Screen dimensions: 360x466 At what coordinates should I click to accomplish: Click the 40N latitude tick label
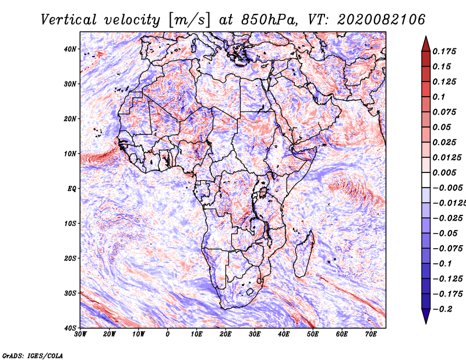tap(70, 49)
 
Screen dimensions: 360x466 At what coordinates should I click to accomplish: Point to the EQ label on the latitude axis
tap(71, 189)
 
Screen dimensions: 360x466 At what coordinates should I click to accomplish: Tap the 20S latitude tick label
tap(70, 258)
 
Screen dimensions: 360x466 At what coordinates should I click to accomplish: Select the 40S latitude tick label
tap(70, 328)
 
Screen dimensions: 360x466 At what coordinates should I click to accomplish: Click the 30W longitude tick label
tap(80, 334)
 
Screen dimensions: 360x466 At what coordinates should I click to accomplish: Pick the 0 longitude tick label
tap(168, 334)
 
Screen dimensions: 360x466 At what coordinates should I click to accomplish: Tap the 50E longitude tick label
tap(313, 334)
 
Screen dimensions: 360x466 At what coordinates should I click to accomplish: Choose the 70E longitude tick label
tap(371, 334)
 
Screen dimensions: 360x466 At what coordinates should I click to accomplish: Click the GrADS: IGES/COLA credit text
tap(32, 355)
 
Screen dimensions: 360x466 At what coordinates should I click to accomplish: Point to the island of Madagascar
tap(305, 253)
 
